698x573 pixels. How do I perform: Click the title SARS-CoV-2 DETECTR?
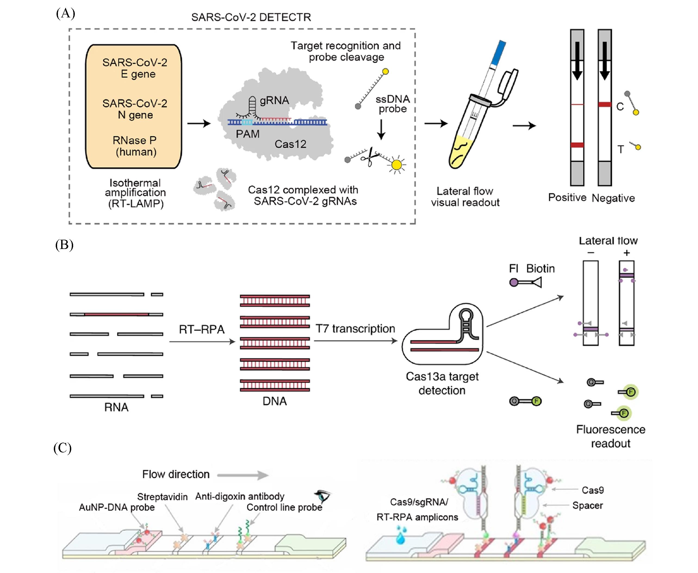tap(251, 17)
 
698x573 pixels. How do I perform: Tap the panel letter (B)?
tap(64, 245)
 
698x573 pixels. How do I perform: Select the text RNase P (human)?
tap(135, 146)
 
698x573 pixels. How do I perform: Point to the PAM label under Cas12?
tap(247, 134)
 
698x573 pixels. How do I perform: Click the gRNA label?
tap(274, 100)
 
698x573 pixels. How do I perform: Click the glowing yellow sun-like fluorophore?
tap(396, 164)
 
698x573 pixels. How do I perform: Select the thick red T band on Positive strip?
tap(577, 145)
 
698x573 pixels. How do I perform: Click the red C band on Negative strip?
tap(605, 105)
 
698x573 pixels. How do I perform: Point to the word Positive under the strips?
tap(567, 197)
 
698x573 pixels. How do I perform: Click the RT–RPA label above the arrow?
tap(201, 329)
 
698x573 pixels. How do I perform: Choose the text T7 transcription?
tap(355, 329)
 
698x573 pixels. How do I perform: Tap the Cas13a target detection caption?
tap(442, 383)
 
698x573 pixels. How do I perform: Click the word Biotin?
tap(540, 269)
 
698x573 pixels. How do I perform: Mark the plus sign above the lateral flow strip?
tap(627, 253)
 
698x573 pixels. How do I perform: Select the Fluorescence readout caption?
tap(611, 436)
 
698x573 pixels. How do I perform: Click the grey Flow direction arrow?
tap(243, 475)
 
